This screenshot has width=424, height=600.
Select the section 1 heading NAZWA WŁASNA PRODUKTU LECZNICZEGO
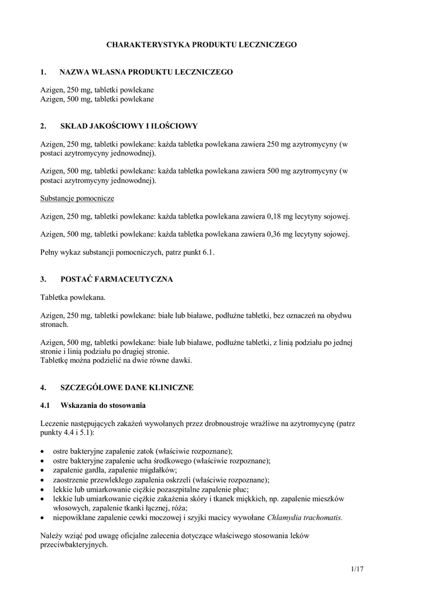146,72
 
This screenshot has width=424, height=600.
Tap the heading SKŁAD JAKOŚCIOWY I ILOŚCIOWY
128,126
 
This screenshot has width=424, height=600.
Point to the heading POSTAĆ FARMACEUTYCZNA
116,279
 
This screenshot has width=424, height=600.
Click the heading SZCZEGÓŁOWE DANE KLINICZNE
127,388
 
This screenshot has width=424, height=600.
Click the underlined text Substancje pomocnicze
77,199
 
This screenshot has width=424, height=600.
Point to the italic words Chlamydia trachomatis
305,518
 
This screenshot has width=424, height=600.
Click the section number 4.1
46,405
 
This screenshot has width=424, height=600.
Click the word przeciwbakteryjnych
74,544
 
